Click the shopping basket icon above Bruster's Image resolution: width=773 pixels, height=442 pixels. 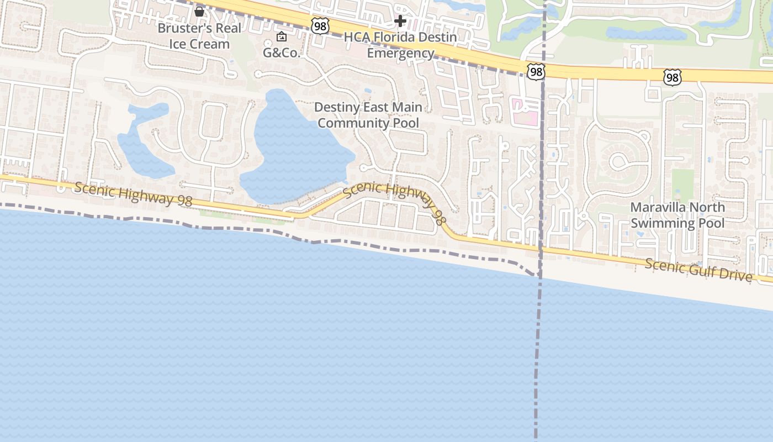[x=199, y=11]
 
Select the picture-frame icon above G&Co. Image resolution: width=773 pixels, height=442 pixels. [x=282, y=37]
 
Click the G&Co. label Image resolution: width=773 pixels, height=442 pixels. [x=282, y=53]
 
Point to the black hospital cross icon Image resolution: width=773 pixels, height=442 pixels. [x=400, y=21]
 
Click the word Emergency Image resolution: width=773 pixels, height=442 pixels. [x=400, y=53]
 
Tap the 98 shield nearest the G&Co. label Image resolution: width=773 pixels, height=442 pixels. [x=320, y=25]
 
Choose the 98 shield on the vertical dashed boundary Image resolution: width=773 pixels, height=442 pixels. [x=536, y=72]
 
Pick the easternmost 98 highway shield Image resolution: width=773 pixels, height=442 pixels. [x=672, y=77]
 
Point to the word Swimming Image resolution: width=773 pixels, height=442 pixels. [x=663, y=223]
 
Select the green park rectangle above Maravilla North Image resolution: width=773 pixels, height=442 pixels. [x=683, y=185]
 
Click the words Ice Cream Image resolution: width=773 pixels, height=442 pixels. [x=199, y=44]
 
